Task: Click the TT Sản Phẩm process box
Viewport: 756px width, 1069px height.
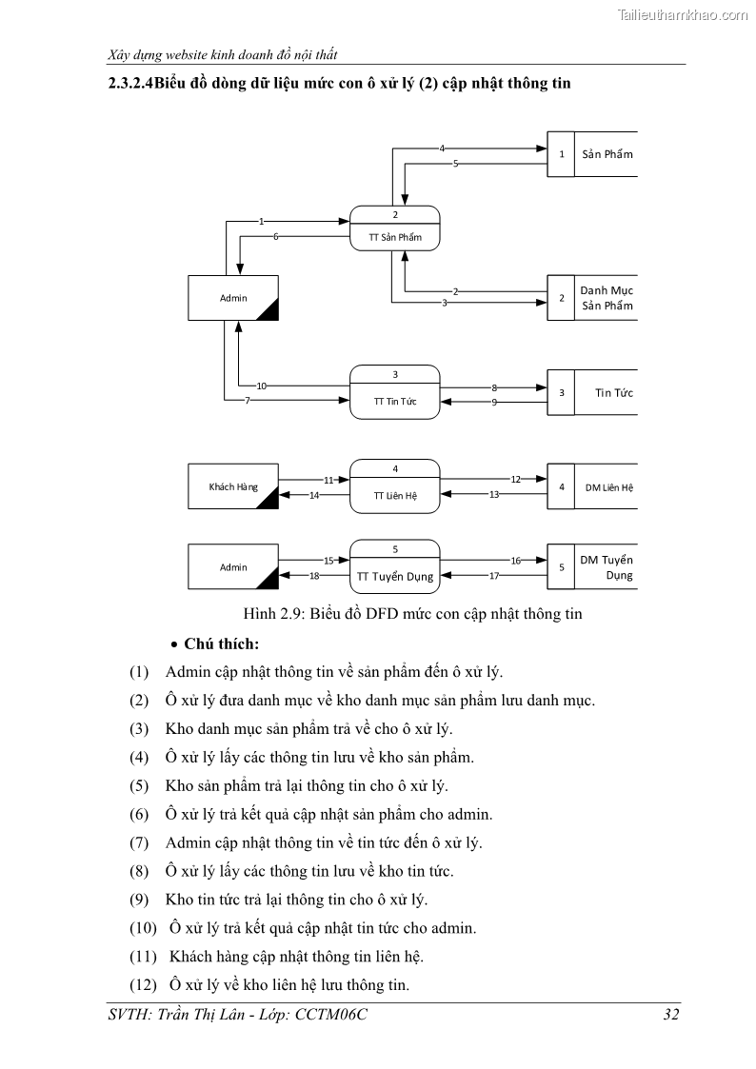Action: tap(395, 228)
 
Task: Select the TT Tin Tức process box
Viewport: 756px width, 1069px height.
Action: tap(395, 392)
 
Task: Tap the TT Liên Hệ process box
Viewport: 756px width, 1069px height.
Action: tap(395, 487)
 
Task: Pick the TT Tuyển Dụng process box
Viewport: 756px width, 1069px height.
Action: tap(395, 567)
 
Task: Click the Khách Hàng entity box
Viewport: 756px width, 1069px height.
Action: tap(233, 487)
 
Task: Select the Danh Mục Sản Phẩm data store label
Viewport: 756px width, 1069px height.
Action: tap(607, 298)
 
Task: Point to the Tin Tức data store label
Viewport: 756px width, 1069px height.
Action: tap(614, 392)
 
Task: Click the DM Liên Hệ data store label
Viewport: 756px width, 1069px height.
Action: tap(609, 487)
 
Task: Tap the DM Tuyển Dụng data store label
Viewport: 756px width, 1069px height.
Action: tap(607, 567)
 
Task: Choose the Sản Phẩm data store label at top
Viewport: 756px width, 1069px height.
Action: tap(607, 154)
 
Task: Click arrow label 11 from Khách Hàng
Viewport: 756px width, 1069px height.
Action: tap(329, 480)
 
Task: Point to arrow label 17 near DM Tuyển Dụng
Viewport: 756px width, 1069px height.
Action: tap(495, 575)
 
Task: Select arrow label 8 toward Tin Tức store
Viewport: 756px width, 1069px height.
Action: tap(495, 387)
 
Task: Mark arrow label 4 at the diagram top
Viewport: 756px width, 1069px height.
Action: tap(442, 148)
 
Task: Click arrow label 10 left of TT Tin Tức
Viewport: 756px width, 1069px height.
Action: tap(261, 386)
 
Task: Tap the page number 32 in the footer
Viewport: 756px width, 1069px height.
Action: tap(671, 1015)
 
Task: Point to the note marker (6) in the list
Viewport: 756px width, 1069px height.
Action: tap(139, 814)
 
